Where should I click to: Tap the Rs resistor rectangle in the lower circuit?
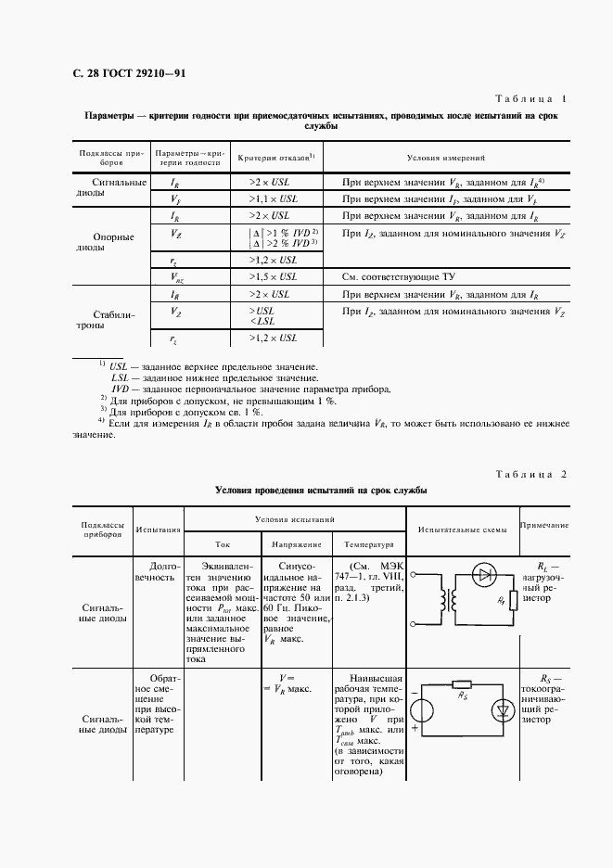[461, 687]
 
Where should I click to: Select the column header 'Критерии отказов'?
[275, 159]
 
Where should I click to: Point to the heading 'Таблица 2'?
[530, 474]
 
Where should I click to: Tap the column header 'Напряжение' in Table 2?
[296, 545]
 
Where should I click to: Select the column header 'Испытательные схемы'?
[461, 530]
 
